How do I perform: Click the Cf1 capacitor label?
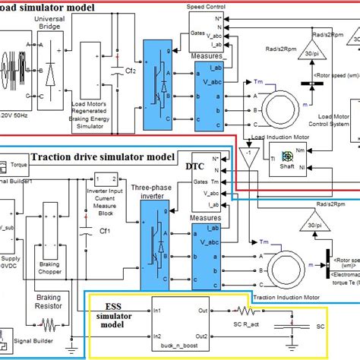(106, 230)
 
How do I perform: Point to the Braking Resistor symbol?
(49, 324)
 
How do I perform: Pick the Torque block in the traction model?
(13, 163)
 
